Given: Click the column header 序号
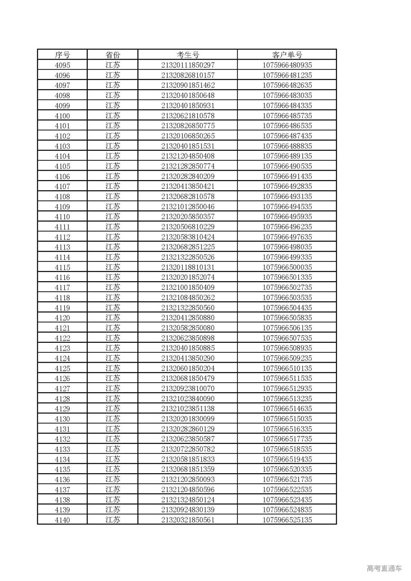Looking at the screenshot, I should [62, 55].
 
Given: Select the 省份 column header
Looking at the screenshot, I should [112, 55].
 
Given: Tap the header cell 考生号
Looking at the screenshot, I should [188, 55].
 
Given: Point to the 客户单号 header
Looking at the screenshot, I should [287, 55].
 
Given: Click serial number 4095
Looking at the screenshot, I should [62, 65].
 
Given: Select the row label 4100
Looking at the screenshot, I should [62, 116].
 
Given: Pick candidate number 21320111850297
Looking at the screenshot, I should [188, 65].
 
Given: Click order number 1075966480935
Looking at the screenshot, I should [287, 65].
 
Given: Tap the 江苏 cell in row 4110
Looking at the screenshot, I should [112, 217].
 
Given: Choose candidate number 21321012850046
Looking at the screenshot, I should [188, 207].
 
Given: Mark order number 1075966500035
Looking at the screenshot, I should [287, 267].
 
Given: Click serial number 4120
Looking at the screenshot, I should [62, 318].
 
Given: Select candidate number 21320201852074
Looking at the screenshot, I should [188, 277].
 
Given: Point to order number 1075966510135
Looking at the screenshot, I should [287, 369].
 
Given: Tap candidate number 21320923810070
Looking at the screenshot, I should [188, 389].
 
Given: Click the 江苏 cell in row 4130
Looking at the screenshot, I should [112, 419].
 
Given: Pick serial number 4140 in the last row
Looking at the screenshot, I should [62, 520].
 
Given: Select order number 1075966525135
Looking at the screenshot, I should [287, 520].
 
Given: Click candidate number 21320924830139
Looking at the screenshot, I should [188, 510].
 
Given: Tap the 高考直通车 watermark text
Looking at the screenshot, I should [384, 568].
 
